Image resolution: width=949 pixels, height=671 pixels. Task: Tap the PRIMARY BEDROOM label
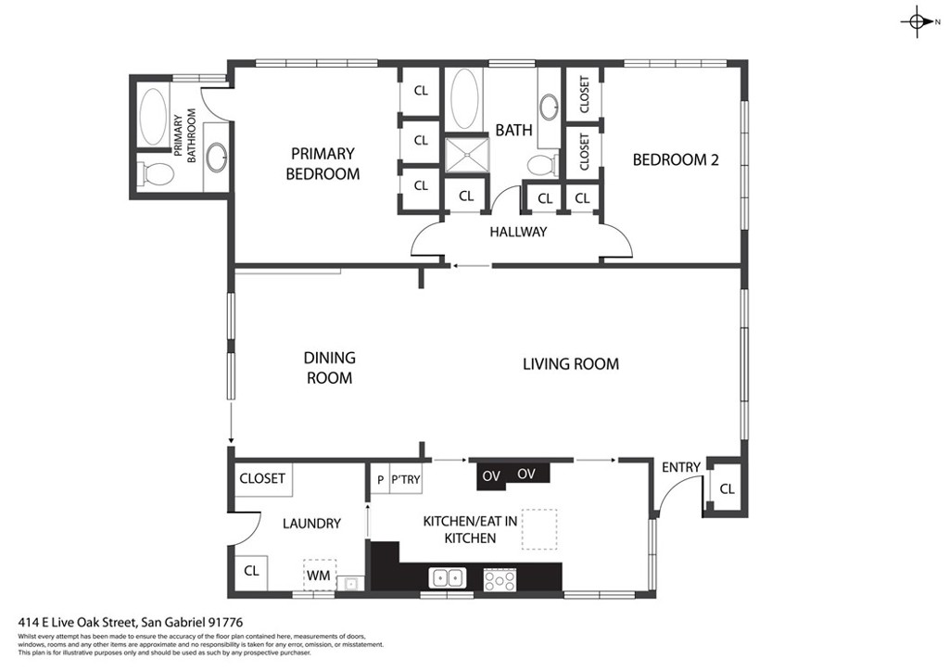tap(323, 163)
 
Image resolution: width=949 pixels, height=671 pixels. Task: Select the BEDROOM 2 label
tap(676, 159)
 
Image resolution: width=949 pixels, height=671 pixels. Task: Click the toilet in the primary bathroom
tap(158, 172)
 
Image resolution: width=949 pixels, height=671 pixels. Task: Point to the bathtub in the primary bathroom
tap(153, 116)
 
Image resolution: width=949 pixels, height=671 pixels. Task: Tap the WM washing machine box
tap(319, 575)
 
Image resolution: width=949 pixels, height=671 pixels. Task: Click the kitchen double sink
tap(448, 578)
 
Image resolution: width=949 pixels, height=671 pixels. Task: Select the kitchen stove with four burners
tap(500, 579)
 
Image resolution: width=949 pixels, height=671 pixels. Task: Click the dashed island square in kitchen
tap(539, 528)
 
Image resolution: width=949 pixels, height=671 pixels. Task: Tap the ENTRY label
tap(681, 467)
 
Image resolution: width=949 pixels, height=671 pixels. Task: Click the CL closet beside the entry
tap(728, 488)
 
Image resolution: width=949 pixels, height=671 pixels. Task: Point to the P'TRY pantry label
tap(405, 479)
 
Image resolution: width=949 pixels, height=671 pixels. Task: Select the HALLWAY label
tap(518, 232)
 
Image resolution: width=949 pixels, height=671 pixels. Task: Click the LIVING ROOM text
tap(570, 363)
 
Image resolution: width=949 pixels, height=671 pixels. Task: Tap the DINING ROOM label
tap(329, 367)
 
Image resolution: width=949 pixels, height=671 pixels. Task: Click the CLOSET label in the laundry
tap(262, 478)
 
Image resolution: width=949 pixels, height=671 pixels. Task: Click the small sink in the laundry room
tap(349, 583)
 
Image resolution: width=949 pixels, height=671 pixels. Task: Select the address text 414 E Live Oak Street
tap(131, 622)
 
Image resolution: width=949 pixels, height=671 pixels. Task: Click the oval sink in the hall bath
tap(549, 107)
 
